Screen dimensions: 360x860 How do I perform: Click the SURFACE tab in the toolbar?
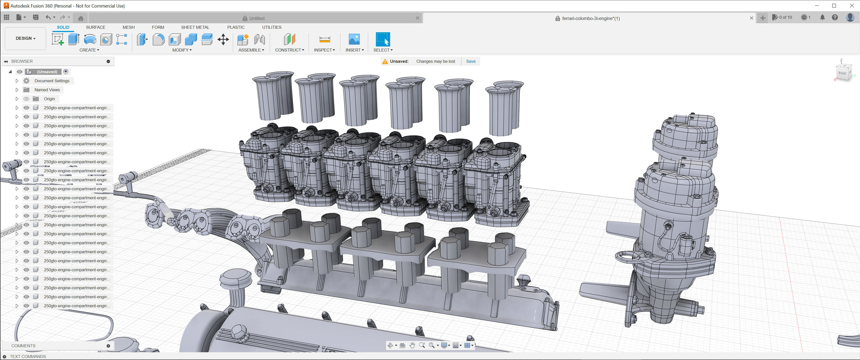pos(95,27)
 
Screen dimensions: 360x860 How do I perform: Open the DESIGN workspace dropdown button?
pos(25,38)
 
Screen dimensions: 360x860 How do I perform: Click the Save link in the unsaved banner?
pos(471,61)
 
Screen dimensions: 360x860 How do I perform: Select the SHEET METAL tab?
pos(195,27)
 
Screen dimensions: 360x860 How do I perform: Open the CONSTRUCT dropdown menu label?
pos(289,50)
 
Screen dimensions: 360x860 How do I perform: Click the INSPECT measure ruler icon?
pos(324,39)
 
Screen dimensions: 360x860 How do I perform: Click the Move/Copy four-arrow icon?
pos(223,39)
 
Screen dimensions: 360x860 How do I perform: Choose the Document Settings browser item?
pos(52,81)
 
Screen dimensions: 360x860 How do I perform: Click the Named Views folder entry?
pos(47,90)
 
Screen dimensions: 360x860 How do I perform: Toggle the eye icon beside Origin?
pos(26,99)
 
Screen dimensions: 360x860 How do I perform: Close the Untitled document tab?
pos(417,18)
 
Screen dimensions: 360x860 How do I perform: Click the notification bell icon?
pos(822,17)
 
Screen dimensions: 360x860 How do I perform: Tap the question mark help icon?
pos(835,17)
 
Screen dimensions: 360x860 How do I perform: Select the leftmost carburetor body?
pos(264,164)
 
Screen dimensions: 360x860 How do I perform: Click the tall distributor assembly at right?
pos(674,217)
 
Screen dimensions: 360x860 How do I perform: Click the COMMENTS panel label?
pos(23,346)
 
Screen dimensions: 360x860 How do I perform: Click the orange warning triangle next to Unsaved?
pos(385,61)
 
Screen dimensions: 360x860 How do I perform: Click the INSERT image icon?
pos(354,39)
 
